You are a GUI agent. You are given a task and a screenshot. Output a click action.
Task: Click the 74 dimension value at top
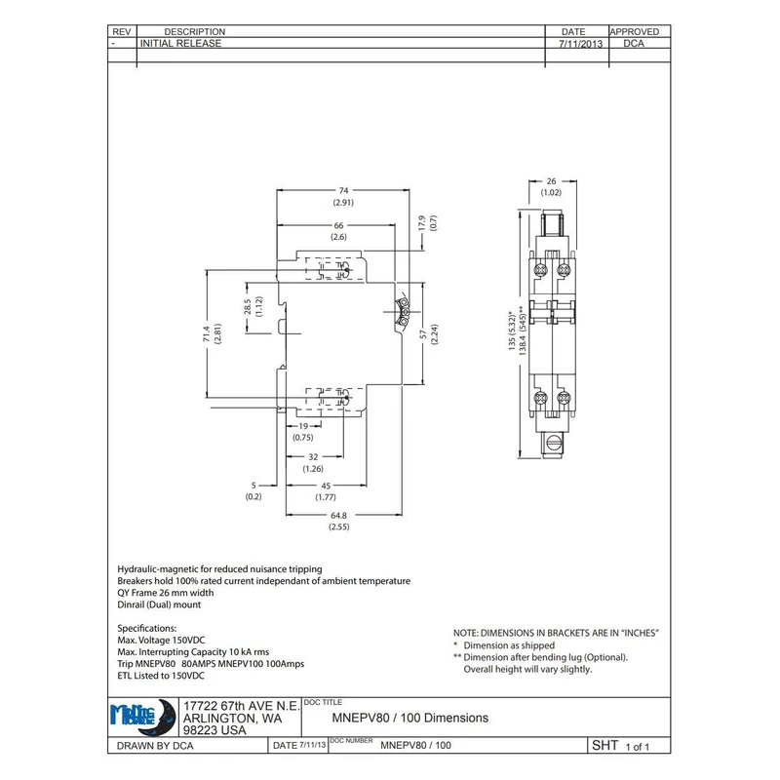(x=343, y=191)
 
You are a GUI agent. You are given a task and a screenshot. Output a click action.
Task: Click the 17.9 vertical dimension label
(x=422, y=223)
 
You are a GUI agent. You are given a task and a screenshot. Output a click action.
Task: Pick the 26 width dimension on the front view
(x=550, y=181)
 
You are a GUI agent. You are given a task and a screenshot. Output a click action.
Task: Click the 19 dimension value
(x=303, y=426)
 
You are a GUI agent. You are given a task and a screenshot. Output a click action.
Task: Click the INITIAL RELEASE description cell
(x=181, y=44)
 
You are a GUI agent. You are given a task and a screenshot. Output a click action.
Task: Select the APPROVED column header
(x=641, y=32)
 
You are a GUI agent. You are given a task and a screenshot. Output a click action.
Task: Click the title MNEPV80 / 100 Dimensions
(x=410, y=718)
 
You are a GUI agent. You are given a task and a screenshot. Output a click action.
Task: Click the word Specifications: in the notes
(x=147, y=628)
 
